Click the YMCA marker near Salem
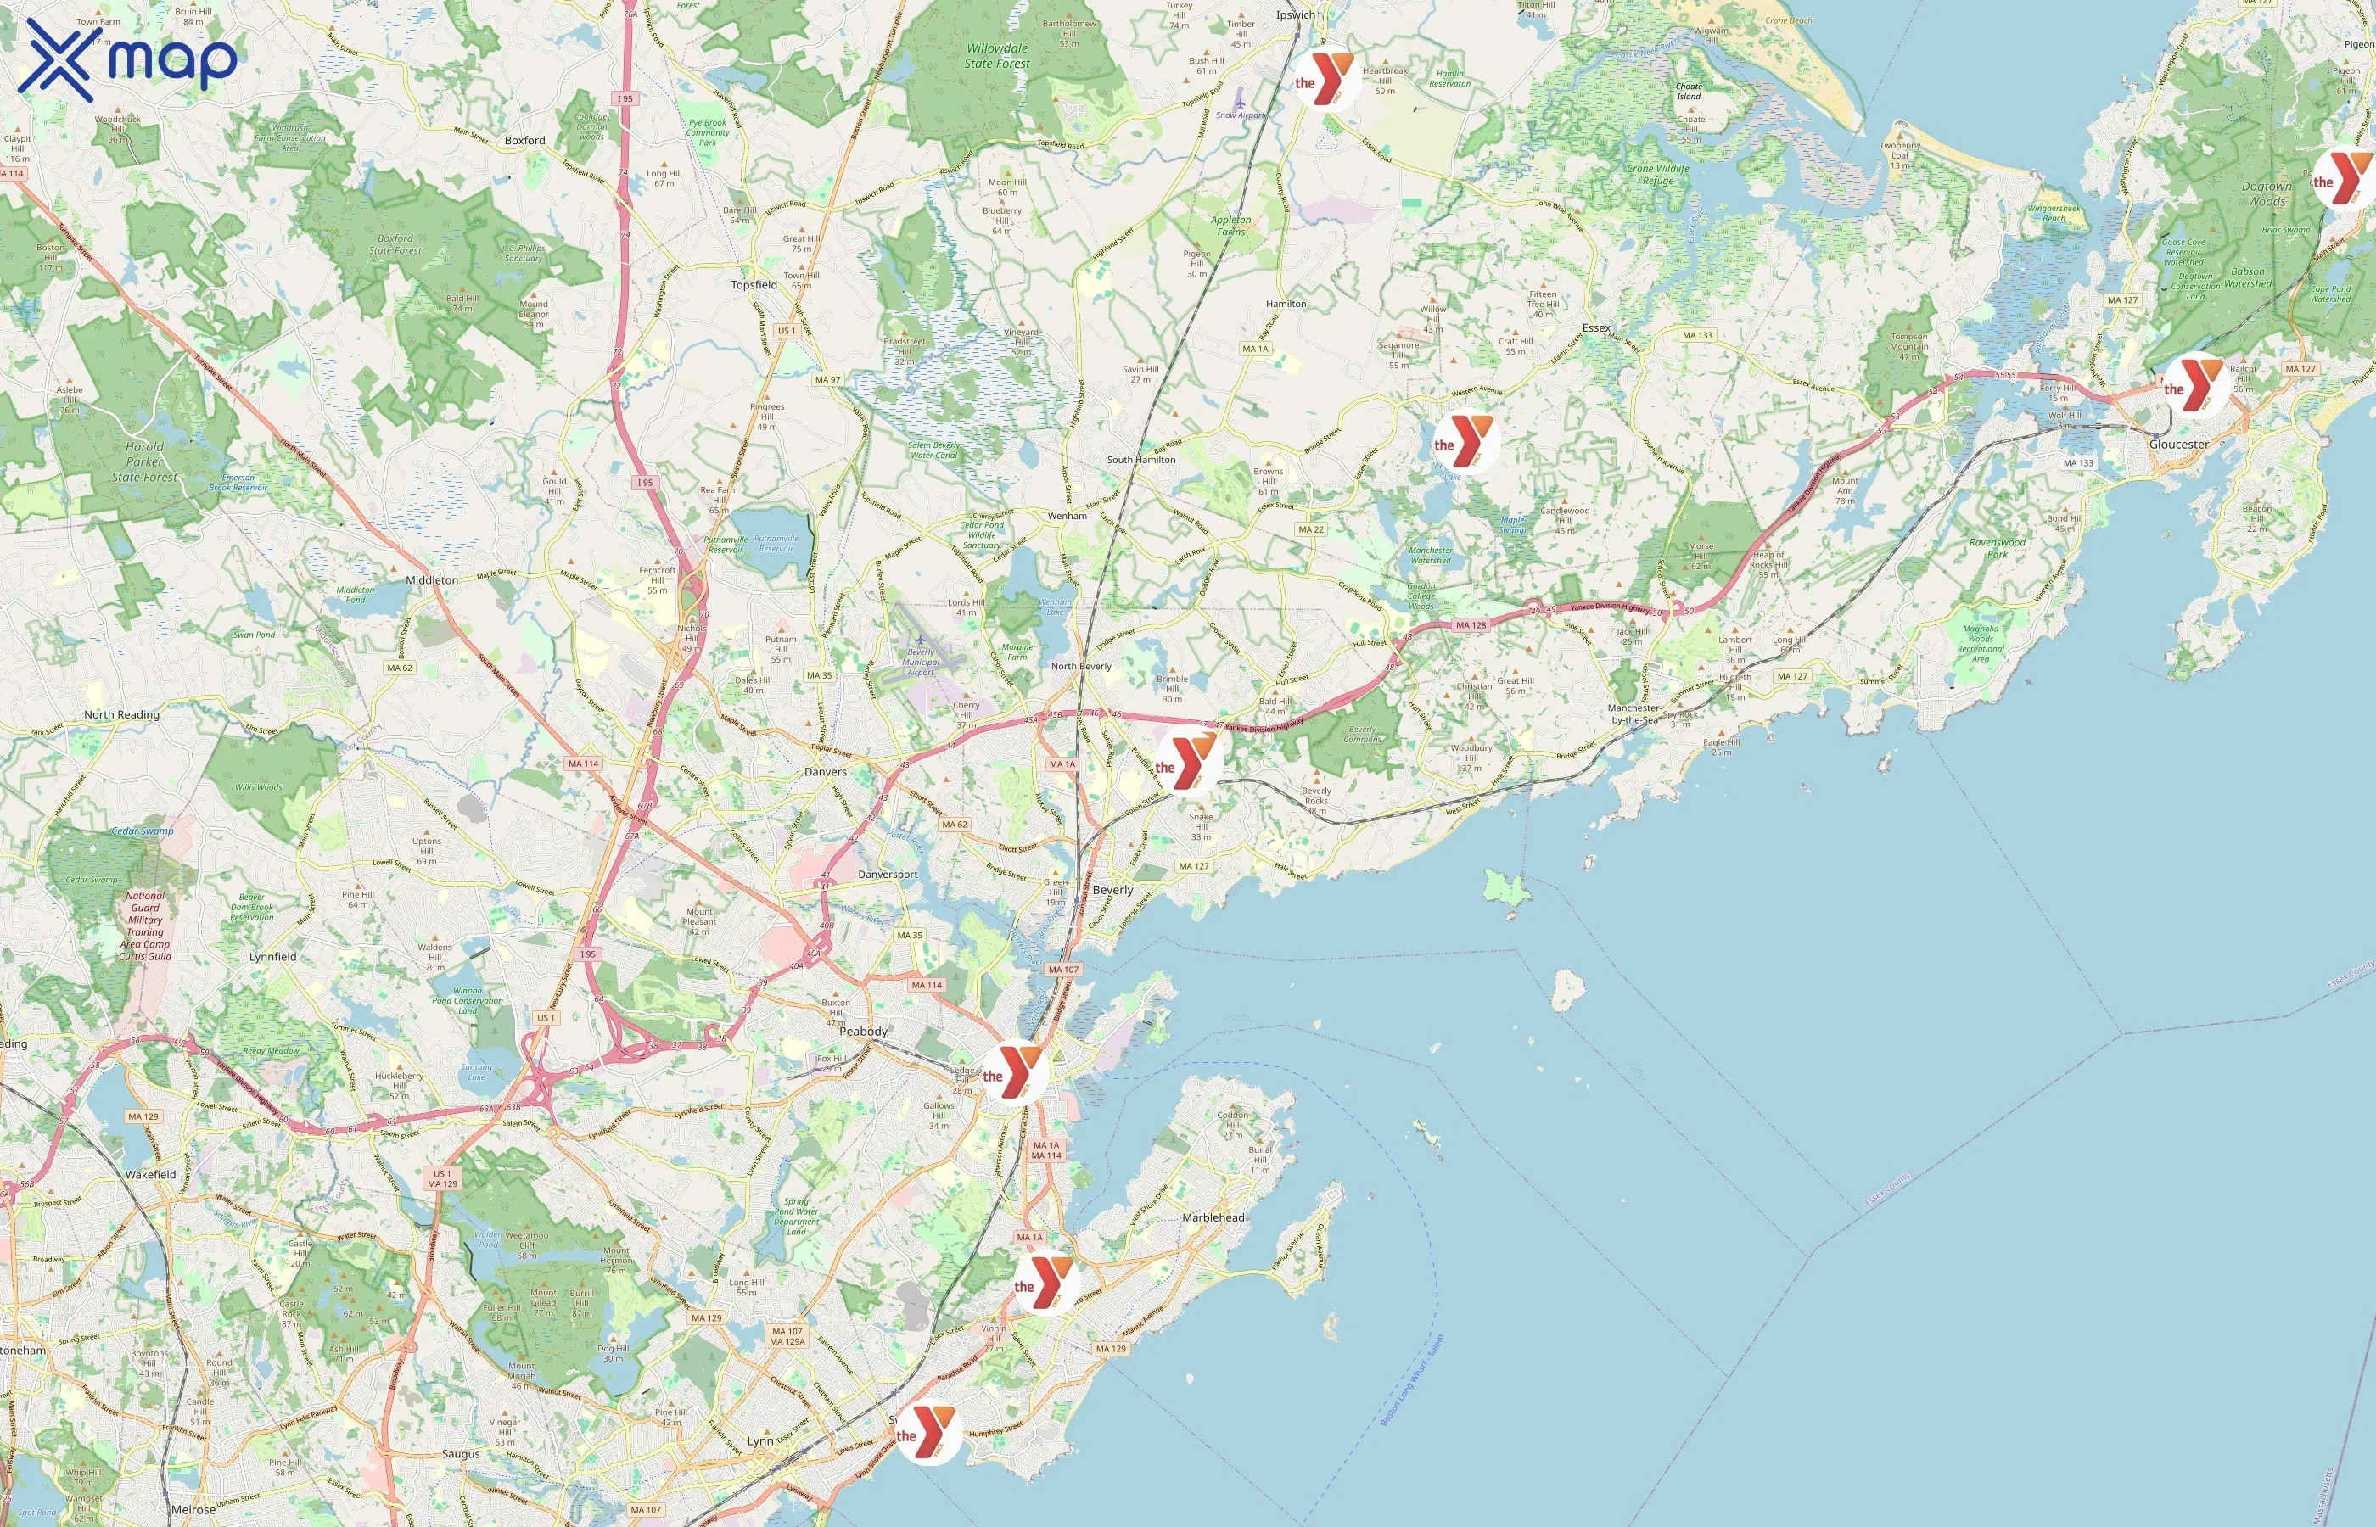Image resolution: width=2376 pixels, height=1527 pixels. pos(1012,1073)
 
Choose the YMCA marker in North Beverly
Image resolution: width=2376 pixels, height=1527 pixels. pos(1185,763)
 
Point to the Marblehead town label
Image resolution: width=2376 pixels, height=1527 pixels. pos(1213,1217)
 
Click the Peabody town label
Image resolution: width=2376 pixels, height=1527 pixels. pos(863,1032)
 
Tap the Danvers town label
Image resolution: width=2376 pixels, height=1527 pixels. pos(825,771)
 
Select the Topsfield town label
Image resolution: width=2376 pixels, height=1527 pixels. pos(754,284)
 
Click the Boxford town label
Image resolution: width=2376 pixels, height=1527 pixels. pos(524,141)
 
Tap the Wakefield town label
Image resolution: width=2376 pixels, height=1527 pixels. pos(151,1174)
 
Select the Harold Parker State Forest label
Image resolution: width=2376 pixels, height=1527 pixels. pos(145,462)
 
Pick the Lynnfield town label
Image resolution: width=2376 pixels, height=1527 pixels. pos(272,957)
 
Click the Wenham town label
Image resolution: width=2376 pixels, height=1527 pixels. pos(1067,516)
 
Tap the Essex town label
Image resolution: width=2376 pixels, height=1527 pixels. pos(1596,328)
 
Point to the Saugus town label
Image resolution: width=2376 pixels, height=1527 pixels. pos(460,1454)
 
